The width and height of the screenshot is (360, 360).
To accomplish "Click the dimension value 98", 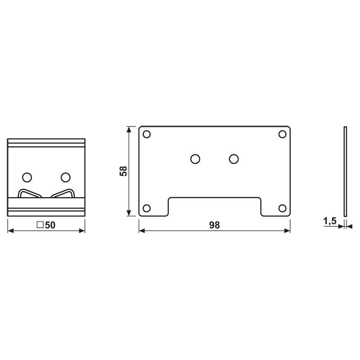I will point(214,225).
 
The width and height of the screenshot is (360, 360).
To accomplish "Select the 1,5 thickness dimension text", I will point(330,221).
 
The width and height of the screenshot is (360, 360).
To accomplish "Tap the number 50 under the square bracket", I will point(49,225).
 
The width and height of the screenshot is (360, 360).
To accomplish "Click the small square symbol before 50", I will point(40,225).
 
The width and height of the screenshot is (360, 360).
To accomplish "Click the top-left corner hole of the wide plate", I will point(146,134).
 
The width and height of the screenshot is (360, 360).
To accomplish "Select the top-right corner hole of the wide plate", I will point(283,134).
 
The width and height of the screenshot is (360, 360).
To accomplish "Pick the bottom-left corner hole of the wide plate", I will point(146,208).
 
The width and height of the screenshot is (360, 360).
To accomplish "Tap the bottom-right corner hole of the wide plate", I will point(283,208).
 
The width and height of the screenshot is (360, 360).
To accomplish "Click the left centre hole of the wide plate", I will point(195,159).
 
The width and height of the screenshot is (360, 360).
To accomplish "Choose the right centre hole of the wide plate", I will point(233,159).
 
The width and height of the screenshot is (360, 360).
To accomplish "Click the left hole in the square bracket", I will point(27,176).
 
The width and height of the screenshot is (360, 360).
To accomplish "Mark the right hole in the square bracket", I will point(66,176).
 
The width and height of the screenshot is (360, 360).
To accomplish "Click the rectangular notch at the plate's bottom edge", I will point(214,207).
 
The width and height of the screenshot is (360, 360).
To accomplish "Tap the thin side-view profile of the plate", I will point(345,171).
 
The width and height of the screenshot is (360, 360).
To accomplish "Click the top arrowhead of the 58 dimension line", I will point(130,130).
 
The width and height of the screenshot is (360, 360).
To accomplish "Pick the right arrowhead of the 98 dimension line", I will point(287,231).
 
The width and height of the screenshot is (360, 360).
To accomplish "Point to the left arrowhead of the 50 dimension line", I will point(11,231).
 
